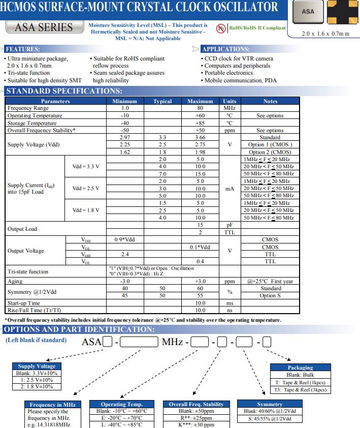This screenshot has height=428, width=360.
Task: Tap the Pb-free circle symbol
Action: tap(221, 28)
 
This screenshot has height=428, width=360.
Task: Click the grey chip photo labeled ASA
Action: tap(308, 11)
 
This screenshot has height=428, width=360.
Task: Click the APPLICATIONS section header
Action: tap(225, 49)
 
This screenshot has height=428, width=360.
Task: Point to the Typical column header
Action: tap(162, 101)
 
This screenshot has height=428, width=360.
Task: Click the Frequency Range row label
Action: tap(28, 108)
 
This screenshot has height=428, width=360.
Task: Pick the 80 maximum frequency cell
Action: tap(200, 108)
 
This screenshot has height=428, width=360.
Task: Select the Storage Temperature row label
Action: tap(32, 123)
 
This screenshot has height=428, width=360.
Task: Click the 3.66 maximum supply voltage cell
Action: tap(200, 137)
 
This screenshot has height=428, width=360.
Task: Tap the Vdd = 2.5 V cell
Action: tap(86, 189)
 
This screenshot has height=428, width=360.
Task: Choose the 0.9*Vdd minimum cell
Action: tap(125, 239)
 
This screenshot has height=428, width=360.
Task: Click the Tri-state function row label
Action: tap(28, 271)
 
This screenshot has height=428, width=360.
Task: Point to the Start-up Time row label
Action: tap(24, 303)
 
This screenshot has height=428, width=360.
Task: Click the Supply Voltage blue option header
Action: tap(37, 366)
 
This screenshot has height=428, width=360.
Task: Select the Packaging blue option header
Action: tap(300, 368)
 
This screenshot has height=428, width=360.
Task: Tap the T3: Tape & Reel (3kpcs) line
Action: tap(300, 390)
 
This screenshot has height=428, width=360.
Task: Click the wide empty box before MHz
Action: tap(139, 342)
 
